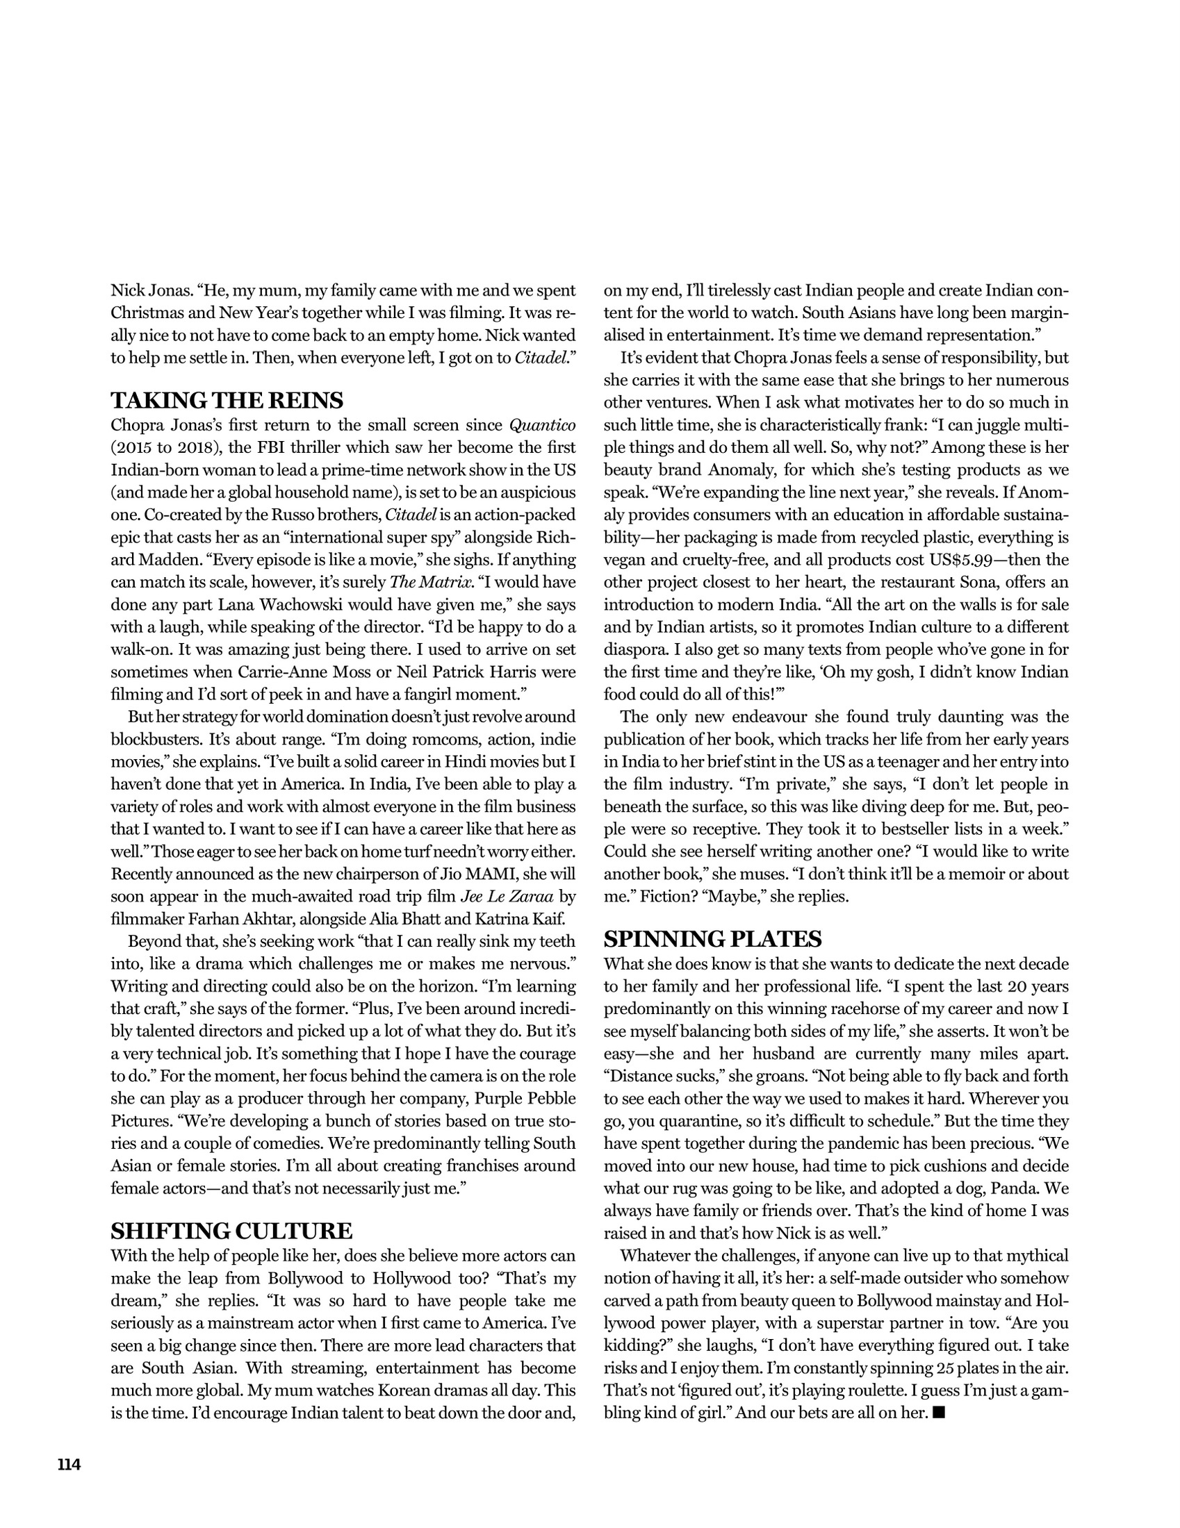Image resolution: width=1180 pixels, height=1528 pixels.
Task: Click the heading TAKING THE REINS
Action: (x=227, y=401)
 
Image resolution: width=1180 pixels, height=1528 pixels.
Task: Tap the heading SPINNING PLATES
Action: (x=712, y=939)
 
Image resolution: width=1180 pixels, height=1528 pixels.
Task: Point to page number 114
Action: (x=69, y=1464)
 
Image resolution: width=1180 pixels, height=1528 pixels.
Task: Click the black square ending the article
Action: (x=939, y=1413)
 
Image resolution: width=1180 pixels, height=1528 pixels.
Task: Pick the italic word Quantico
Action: (x=543, y=425)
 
